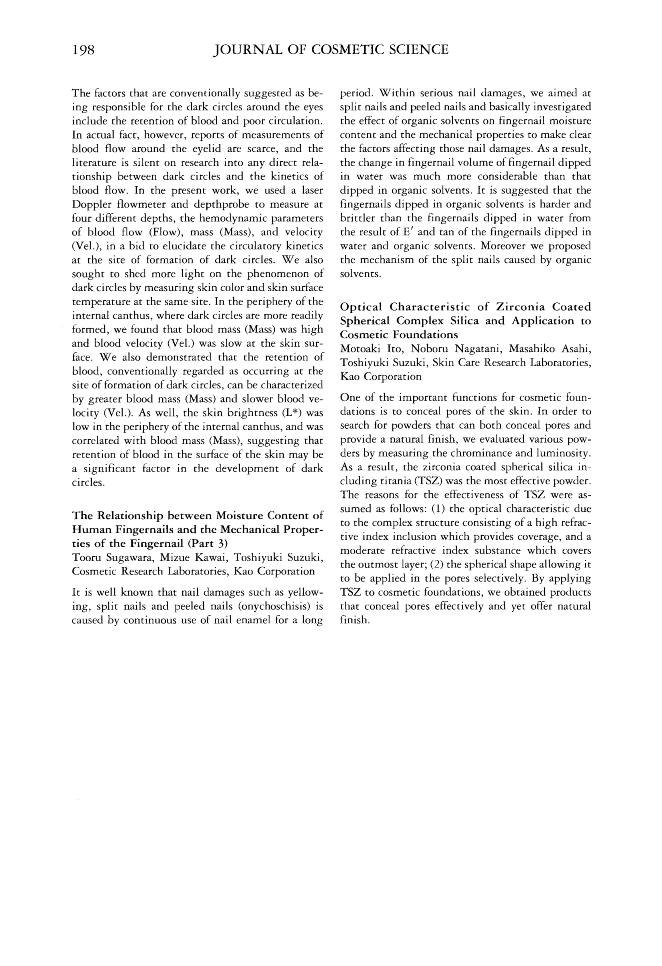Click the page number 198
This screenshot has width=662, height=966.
[84, 50]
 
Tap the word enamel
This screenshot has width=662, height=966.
[234, 621]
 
